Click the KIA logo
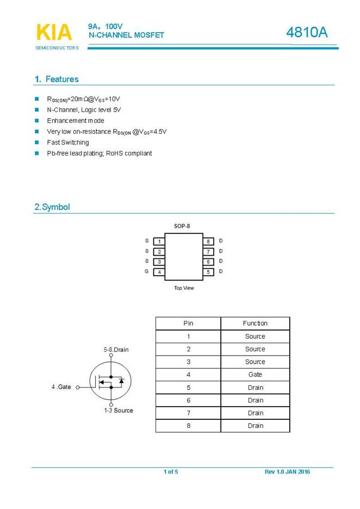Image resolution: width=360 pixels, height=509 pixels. [x=54, y=33]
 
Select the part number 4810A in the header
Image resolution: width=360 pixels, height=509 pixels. [x=307, y=33]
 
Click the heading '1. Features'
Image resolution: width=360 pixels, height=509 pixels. [x=57, y=79]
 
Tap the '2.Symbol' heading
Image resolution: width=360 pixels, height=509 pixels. [x=52, y=207]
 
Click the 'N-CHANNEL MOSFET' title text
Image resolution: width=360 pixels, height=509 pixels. [x=126, y=35]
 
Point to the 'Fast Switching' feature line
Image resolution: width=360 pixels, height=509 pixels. [x=68, y=142]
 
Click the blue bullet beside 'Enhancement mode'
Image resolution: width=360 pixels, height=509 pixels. [x=37, y=121]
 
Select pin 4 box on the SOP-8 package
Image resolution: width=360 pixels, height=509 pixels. [x=159, y=272]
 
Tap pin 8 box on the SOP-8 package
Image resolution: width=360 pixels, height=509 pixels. [x=208, y=241]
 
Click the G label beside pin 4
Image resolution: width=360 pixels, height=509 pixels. [x=147, y=271]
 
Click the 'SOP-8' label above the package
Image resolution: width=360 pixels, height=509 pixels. [x=182, y=226]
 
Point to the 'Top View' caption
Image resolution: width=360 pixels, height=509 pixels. [x=184, y=288]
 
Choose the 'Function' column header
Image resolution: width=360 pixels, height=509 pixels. [x=255, y=324]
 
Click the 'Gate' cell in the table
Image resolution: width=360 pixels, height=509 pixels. [x=255, y=375]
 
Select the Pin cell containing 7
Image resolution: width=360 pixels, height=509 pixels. [x=188, y=413]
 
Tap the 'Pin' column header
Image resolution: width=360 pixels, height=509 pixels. [x=188, y=324]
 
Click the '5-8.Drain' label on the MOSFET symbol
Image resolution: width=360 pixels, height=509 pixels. [x=116, y=350]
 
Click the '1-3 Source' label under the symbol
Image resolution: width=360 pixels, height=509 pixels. [x=119, y=411]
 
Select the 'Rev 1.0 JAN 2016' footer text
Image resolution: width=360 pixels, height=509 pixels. [x=287, y=471]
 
